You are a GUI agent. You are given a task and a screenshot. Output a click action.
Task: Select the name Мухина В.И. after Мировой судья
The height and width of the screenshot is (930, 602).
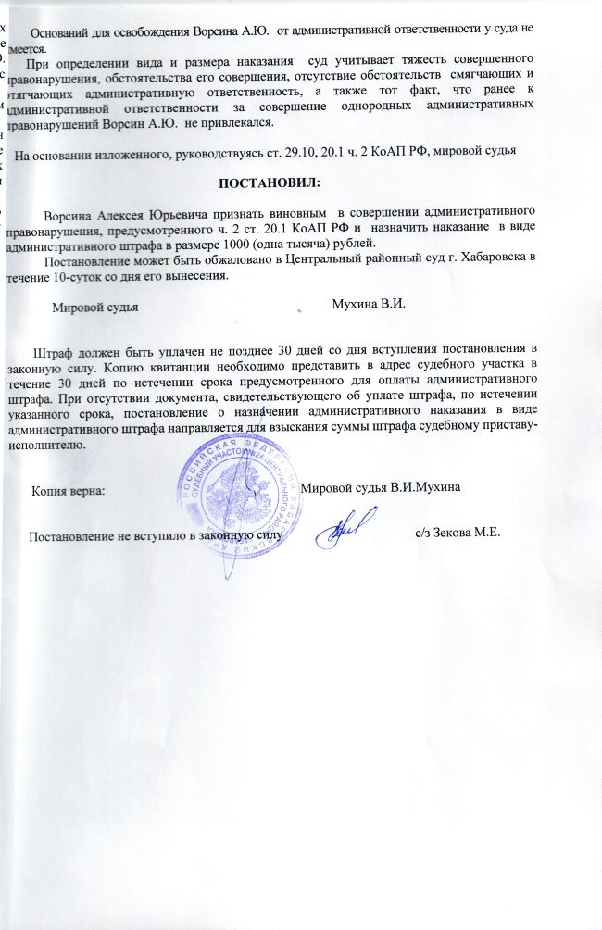pyautogui.click(x=370, y=303)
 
